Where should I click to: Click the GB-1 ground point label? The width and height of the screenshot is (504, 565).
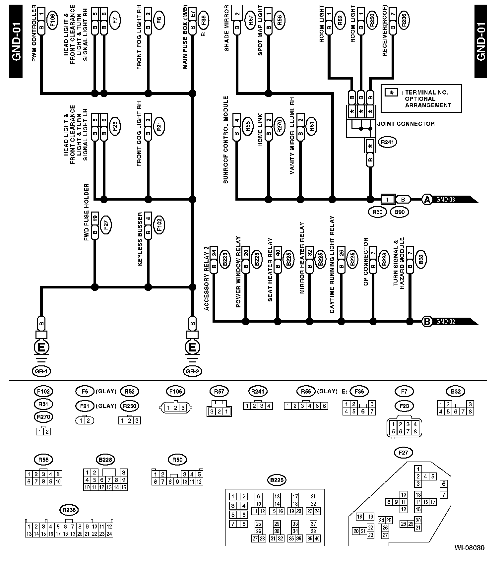(41, 371)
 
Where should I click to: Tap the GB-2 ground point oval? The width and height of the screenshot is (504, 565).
(192, 371)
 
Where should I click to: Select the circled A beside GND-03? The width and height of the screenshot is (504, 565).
(427, 200)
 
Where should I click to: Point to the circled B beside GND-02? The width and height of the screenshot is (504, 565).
(427, 321)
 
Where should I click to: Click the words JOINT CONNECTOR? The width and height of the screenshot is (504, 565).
(406, 124)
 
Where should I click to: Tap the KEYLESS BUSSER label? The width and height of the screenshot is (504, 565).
(140, 239)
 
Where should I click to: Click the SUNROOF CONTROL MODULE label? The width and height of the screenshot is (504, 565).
(226, 140)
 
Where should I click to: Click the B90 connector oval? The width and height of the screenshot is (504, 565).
(400, 212)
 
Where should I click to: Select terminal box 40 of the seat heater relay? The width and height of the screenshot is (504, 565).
(278, 253)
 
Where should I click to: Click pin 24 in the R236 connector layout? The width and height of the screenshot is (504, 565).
(109, 534)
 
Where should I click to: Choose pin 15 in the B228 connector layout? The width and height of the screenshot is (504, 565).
(124, 487)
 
